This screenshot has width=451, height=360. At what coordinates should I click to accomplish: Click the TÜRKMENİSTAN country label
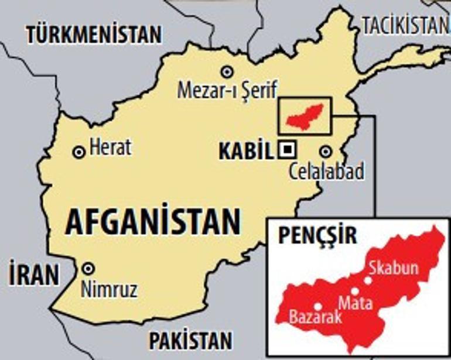(94, 34)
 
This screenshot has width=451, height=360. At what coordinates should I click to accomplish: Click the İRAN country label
(35, 275)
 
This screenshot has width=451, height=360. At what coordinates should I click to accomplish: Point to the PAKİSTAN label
(190, 340)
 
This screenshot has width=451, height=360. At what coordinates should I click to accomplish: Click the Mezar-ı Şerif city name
(227, 90)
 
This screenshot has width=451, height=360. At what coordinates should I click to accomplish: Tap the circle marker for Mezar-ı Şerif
(226, 71)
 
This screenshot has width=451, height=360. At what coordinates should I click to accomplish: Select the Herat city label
(110, 148)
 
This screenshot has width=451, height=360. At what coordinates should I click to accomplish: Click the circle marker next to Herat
(78, 152)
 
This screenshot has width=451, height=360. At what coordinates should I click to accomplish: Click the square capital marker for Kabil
(287, 150)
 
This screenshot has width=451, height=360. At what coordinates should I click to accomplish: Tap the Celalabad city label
(327, 172)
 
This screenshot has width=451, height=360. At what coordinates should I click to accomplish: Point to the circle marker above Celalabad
(326, 152)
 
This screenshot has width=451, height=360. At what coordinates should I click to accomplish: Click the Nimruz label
(110, 287)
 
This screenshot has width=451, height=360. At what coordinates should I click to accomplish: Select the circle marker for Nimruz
(88, 268)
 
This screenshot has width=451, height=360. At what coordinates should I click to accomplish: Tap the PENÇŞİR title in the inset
(317, 236)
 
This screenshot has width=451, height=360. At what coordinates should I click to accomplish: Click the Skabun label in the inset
(394, 268)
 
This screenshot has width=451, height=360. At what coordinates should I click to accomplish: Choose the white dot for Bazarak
(318, 306)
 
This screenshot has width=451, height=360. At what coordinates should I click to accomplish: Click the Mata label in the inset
(356, 303)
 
